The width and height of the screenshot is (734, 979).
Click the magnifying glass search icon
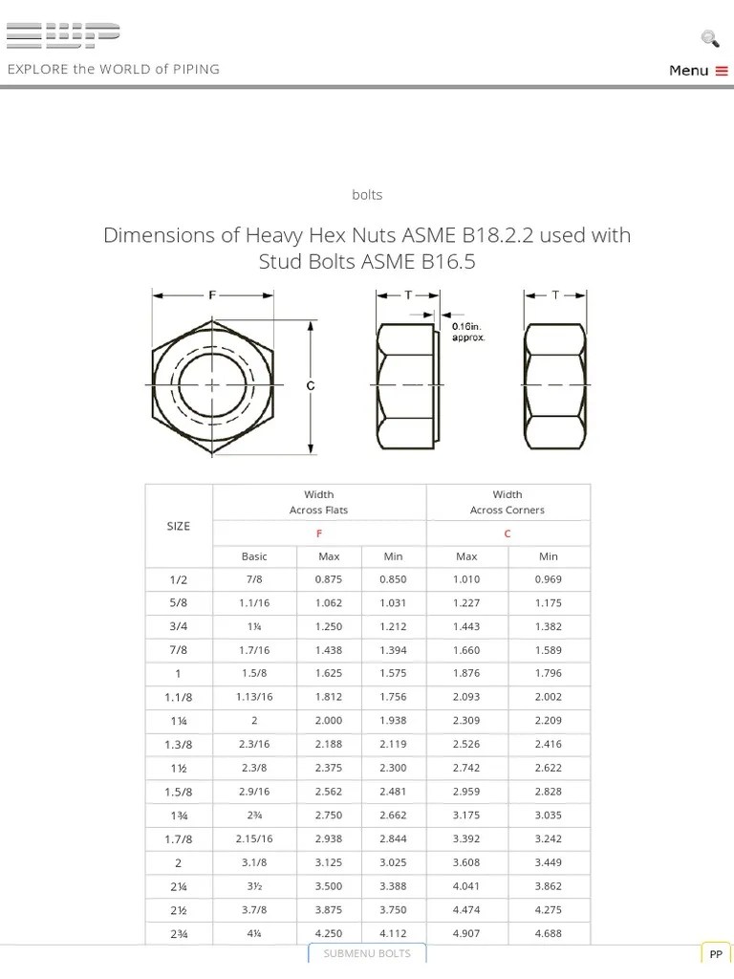pyautogui.click(x=709, y=38)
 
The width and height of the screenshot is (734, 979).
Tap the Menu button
pyautogui.click(x=699, y=70)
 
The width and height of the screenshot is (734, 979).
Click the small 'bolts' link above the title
pyautogui.click(x=367, y=195)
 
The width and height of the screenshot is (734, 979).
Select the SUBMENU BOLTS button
pyautogui.click(x=367, y=953)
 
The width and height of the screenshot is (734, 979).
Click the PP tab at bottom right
pyautogui.click(x=716, y=954)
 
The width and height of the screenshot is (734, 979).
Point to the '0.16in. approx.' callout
pyautogui.click(x=468, y=332)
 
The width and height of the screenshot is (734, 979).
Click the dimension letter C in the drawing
pyautogui.click(x=310, y=386)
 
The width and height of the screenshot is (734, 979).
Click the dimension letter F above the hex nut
pyautogui.click(x=212, y=295)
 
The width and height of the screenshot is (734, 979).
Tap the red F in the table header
pyautogui.click(x=318, y=533)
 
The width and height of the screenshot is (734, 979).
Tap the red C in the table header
pyautogui.click(x=507, y=533)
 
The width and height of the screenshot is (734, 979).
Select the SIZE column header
pyautogui.click(x=179, y=526)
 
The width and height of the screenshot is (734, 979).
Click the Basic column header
pyautogui.click(x=254, y=556)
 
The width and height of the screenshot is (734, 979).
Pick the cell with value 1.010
pyautogui.click(x=466, y=579)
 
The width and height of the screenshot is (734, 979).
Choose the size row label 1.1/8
pyautogui.click(x=179, y=697)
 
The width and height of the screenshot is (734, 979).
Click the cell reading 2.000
pyautogui.click(x=329, y=721)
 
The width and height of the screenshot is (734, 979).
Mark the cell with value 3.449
pyautogui.click(x=549, y=862)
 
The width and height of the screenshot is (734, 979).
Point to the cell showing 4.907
pyautogui.click(x=466, y=933)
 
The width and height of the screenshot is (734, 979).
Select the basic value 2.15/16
pyautogui.click(x=254, y=838)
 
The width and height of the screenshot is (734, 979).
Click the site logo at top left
pyautogui.click(x=63, y=35)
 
